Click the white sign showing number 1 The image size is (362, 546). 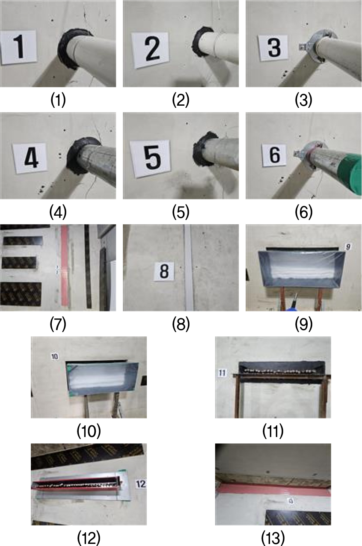pyautogui.click(x=18, y=47)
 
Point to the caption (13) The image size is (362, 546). pyautogui.click(x=273, y=538)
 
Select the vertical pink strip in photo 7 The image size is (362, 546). pyautogui.click(x=64, y=265)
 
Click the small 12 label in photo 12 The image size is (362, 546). pyautogui.click(x=141, y=484)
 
